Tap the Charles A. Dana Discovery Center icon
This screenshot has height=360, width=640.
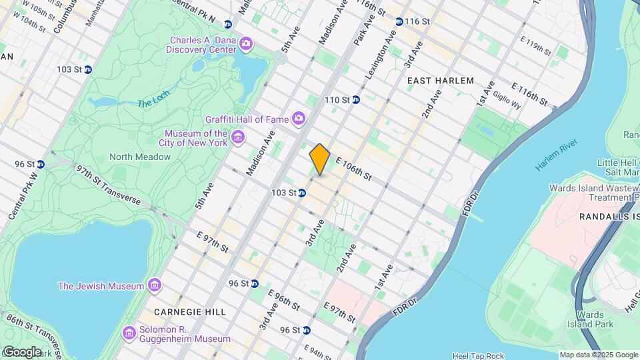tap(247, 44)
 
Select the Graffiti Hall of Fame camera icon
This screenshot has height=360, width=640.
tap(298, 119)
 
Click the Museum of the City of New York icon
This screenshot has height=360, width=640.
tap(237, 138)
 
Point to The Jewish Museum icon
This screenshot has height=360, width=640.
tap(155, 285)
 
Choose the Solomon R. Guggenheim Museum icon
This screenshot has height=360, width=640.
tap(129, 331)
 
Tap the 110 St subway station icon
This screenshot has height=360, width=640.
tap(356, 100)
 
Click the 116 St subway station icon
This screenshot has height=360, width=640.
tap(399, 21)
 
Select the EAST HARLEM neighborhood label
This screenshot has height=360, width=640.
tap(440, 81)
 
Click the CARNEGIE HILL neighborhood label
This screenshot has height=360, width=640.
tap(189, 311)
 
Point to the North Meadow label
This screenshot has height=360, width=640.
tap(140, 157)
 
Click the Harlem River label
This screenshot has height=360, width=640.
tap(560, 158)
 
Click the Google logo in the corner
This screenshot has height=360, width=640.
tap(22, 351)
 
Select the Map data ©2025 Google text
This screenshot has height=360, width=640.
tap(598, 355)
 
